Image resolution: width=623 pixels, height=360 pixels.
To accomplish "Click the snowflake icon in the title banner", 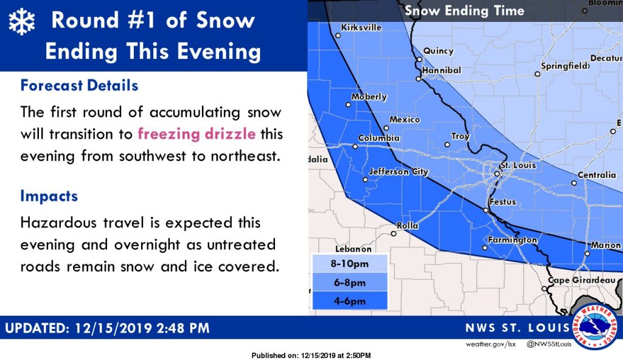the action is click(x=22, y=22).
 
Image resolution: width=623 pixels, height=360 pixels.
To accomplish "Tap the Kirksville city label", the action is click(x=361, y=27).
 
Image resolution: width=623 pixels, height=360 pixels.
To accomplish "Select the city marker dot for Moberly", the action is click(x=348, y=105).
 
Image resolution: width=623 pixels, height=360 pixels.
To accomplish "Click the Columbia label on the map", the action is click(x=379, y=138).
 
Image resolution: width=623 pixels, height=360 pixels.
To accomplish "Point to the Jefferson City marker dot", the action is click(x=365, y=179).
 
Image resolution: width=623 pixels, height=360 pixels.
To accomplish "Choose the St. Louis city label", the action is click(x=518, y=165).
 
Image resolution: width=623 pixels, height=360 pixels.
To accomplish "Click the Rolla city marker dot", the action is click(x=394, y=234).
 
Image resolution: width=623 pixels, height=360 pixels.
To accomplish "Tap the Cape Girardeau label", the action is click(x=582, y=280).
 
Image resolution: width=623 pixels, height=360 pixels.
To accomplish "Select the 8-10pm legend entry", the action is click(x=350, y=263).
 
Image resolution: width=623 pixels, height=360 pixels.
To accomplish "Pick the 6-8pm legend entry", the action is click(x=350, y=283).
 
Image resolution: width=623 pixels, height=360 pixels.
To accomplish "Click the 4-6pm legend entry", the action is click(x=350, y=301).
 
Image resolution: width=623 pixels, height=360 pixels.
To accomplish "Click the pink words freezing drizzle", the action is click(x=197, y=134).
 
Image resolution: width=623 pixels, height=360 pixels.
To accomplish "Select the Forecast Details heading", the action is click(x=80, y=85).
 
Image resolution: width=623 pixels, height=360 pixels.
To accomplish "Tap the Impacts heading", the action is click(x=49, y=196).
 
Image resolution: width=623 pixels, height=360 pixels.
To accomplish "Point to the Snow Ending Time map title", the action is click(x=464, y=11).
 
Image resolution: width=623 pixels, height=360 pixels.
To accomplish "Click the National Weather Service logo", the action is click(x=595, y=327).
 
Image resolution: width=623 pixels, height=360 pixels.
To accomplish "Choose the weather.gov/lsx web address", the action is click(x=491, y=344).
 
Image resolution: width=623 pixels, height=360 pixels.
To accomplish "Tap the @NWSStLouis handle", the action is click(x=549, y=344).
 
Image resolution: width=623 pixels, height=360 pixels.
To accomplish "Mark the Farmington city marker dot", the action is click(x=485, y=247).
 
